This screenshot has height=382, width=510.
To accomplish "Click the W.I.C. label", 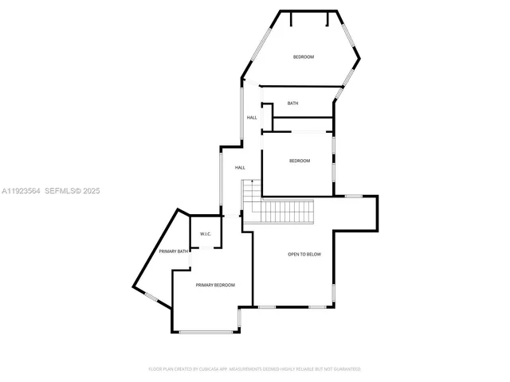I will coord(205,234).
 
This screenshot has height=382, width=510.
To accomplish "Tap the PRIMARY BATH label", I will coord(173,251).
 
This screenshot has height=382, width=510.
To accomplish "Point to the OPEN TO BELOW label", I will coord(304,254).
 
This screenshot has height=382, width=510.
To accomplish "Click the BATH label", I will coord(293,103).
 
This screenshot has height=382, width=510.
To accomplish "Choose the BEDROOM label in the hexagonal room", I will coord(304,57).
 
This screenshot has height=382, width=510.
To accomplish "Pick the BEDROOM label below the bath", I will coord(299,162).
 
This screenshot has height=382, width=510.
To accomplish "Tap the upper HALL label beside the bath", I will coord(252,118).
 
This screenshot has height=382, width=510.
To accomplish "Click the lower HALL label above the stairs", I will coord(240,168).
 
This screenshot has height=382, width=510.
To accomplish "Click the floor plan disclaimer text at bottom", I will coord(255,369).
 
